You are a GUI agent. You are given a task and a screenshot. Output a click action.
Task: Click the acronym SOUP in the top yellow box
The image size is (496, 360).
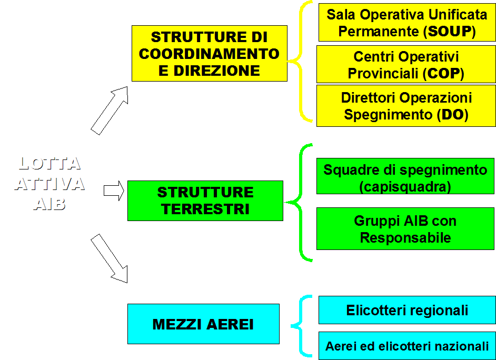449,31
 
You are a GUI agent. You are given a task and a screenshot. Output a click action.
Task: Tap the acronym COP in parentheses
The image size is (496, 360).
443,73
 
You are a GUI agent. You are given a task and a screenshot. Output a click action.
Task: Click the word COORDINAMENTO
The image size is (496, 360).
209,54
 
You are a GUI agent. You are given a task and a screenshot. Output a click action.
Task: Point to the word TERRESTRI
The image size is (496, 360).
205,209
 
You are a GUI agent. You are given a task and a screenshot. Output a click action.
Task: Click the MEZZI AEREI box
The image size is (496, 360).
203,324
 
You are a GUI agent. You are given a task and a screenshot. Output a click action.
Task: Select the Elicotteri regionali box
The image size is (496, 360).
407,310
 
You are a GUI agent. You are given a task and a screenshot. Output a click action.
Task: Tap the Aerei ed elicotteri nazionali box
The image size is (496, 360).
407,345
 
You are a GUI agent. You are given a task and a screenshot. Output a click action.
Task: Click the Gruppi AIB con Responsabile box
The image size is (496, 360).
405,228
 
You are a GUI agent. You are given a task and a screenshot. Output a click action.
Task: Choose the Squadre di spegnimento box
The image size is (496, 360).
405,176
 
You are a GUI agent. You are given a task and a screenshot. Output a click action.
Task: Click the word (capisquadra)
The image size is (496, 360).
405,186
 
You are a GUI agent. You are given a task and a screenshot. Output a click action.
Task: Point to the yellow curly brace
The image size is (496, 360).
301,61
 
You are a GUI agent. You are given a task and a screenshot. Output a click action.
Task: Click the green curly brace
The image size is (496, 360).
300,203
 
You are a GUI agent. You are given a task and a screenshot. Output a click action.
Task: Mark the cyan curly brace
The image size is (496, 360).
301,326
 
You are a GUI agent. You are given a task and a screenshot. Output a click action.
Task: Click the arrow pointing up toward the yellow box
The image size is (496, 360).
110,111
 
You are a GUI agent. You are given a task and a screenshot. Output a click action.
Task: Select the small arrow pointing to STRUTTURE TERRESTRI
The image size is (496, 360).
114,191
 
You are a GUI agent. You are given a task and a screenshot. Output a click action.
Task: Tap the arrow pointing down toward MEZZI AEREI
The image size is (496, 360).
110,258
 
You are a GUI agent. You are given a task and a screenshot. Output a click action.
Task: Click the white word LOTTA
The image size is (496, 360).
49,163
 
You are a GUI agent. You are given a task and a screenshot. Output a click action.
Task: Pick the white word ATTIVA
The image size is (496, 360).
49,184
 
